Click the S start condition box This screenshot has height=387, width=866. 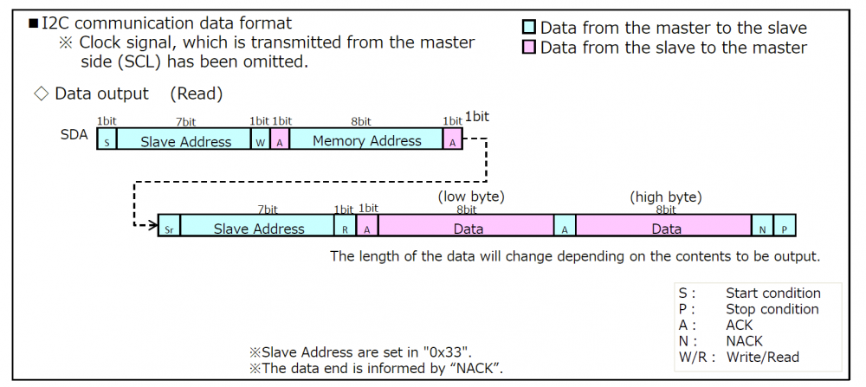coord(107,140)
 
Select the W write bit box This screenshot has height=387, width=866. coord(260,140)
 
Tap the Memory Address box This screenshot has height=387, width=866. coord(366,140)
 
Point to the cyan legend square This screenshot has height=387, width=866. coord(530,29)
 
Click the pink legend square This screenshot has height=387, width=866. coord(530,48)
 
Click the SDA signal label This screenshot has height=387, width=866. coord(74,136)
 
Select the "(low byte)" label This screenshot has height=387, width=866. coord(471,197)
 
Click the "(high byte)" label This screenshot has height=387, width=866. coord(666,197)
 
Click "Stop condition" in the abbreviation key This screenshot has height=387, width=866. coord(772,309)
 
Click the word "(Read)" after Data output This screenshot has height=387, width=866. coord(197,94)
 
